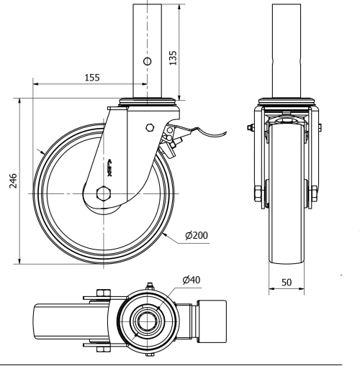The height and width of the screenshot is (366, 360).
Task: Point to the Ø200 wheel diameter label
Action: [x=197, y=235]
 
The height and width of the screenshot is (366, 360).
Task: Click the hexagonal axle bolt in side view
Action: [x=103, y=193]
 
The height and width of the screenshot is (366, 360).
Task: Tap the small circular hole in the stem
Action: [x=148, y=62]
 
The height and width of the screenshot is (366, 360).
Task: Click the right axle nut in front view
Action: [x=314, y=194]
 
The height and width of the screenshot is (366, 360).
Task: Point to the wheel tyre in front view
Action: [x=285, y=230]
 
